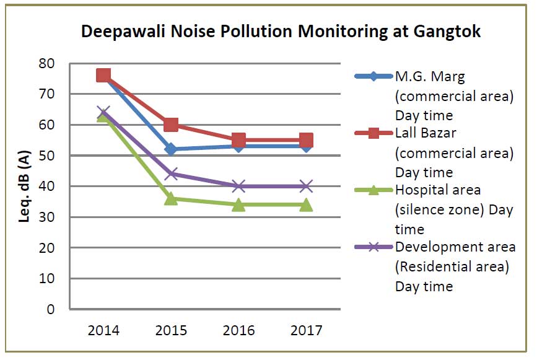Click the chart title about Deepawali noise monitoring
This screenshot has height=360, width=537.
click(x=281, y=32)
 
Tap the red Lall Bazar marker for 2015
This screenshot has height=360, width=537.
click(x=172, y=125)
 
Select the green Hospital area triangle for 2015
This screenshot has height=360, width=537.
click(x=172, y=198)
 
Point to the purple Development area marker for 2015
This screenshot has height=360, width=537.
click(x=172, y=174)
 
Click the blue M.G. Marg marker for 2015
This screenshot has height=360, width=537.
click(x=172, y=149)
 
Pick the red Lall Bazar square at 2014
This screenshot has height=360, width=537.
click(x=103, y=76)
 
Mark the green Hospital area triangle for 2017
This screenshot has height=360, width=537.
click(x=306, y=204)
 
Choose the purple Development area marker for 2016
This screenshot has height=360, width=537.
click(x=239, y=186)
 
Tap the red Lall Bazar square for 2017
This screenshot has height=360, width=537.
click(x=306, y=140)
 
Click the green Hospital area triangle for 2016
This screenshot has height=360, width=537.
click(x=239, y=204)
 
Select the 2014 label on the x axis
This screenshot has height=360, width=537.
click(x=103, y=330)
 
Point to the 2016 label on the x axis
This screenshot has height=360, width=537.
click(x=239, y=330)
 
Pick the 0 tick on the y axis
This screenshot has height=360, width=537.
click(x=51, y=309)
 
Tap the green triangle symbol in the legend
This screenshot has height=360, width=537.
click(x=373, y=190)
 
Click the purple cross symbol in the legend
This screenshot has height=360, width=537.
click(x=373, y=247)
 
